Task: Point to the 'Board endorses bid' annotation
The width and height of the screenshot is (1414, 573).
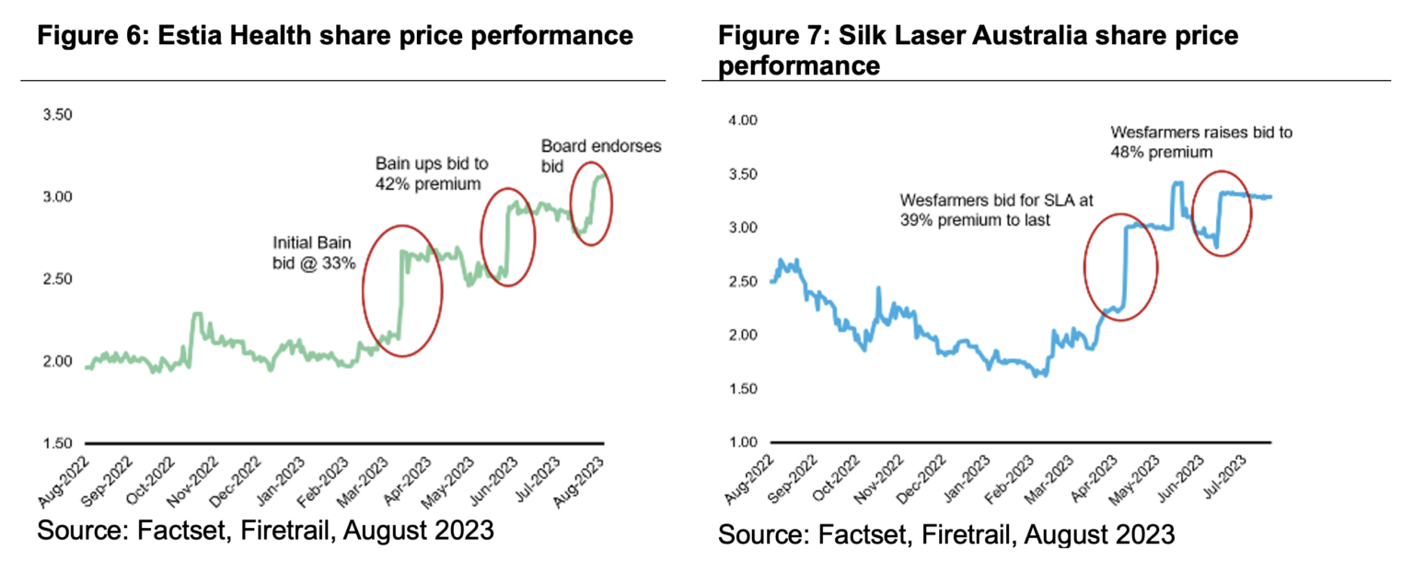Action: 600,156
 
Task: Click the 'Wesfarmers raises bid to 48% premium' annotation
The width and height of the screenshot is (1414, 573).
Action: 1201,141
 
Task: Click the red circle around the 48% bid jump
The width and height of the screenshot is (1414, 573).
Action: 1222,214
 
